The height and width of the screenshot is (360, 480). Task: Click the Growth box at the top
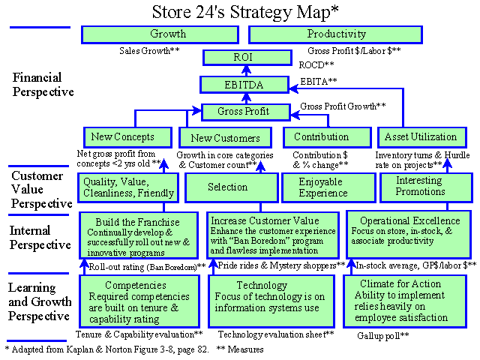tap(160, 34)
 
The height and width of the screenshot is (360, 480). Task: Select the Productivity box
tap(335, 34)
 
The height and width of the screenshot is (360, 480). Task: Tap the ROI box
tap(247, 58)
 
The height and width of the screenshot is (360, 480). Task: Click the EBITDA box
tap(244, 85)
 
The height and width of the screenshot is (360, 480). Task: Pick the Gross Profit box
tap(246, 112)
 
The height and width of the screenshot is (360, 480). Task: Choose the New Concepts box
tap(127, 137)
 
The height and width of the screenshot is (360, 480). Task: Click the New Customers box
tap(225, 138)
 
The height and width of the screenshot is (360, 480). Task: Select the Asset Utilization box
tap(421, 137)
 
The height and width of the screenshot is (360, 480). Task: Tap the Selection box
tap(232, 187)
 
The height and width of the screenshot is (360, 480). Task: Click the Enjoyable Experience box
tap(328, 187)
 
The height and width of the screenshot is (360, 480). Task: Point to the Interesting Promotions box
tap(426, 187)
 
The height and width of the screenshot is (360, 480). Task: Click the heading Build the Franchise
tap(137, 222)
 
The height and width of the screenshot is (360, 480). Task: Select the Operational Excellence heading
tap(410, 220)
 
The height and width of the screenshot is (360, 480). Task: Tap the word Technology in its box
tap(262, 285)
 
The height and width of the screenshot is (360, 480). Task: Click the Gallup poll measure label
tap(383, 336)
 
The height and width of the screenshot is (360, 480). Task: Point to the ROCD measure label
tap(316, 65)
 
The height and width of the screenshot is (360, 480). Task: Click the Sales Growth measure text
tap(149, 50)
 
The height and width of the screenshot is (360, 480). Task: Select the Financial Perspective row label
tap(43, 85)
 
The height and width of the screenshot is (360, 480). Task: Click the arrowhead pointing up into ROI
tap(246, 70)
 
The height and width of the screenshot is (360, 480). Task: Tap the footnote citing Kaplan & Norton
tap(106, 349)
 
